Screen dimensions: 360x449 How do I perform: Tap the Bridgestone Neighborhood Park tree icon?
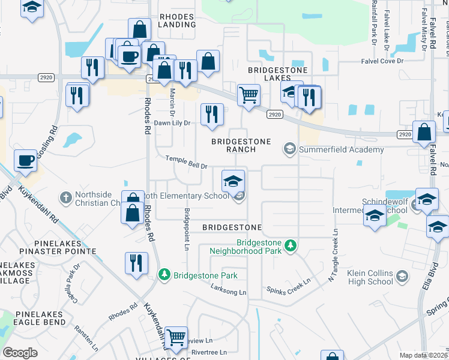click(x=291, y=245)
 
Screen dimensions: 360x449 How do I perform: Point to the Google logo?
click(x=20, y=353)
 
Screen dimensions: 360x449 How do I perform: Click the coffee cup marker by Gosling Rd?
click(x=25, y=161)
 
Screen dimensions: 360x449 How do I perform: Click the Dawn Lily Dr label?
click(x=172, y=122)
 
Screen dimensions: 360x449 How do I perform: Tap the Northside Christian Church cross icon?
click(x=66, y=197)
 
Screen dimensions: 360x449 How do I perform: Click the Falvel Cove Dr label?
click(x=391, y=61)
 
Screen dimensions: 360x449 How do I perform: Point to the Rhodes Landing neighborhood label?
click(x=176, y=20)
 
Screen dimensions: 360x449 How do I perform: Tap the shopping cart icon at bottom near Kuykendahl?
click(x=176, y=337)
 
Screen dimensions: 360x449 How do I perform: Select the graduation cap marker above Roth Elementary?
click(x=234, y=180)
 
